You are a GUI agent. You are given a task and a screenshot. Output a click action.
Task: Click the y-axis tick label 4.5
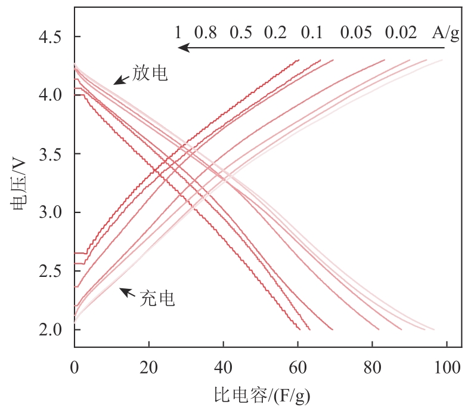click(51, 38)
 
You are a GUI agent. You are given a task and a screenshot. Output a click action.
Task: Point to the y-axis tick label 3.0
click(51, 213)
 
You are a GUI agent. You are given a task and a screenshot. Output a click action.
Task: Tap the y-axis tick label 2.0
click(51, 329)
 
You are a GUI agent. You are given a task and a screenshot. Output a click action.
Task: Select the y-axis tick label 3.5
click(51, 155)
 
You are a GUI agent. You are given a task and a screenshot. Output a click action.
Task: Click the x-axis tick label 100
click(445, 365)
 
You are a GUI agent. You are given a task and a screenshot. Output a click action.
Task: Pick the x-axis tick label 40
click(223, 365)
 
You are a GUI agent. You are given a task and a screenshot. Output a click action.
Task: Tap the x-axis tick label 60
click(298, 365)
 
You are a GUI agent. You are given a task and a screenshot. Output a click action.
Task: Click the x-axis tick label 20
click(148, 365)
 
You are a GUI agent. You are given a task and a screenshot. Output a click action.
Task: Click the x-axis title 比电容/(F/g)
click(262, 394)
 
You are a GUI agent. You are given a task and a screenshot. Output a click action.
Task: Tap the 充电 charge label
click(157, 298)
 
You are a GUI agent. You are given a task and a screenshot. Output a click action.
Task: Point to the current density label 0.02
click(401, 32)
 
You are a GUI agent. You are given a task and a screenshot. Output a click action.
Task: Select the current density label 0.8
click(205, 32)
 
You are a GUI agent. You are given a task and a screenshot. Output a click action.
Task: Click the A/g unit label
click(446, 32)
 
